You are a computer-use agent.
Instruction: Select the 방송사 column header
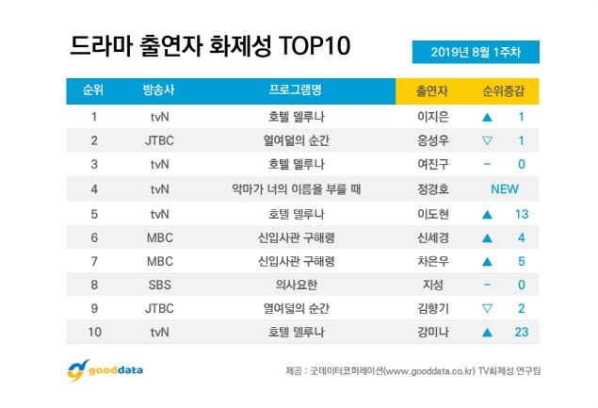point(158,90)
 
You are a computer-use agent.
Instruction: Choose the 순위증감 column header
point(504,90)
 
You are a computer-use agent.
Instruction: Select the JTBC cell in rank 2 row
point(158,142)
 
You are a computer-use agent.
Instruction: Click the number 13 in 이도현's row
point(519,213)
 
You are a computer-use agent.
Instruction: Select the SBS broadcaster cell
point(158,284)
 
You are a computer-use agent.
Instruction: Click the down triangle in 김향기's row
point(488,307)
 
